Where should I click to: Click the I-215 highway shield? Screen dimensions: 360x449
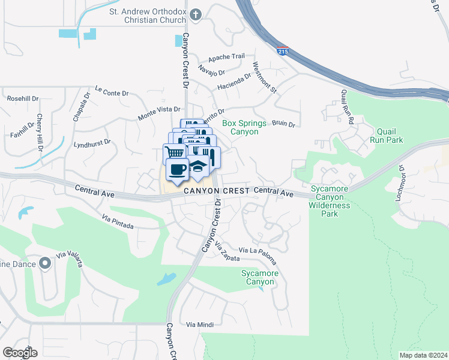283,50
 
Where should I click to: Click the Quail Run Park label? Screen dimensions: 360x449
390,136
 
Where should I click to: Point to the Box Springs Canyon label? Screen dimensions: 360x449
244,127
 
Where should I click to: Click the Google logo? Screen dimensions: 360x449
19,352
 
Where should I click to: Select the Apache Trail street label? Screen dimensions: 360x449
226,57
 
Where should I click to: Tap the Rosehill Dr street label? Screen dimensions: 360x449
22,98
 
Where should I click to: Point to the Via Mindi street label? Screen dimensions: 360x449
200,324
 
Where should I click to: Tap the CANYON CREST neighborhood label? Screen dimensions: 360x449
216,191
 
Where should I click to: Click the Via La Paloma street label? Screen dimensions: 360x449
258,254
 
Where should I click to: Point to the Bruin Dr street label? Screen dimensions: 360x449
283,124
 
